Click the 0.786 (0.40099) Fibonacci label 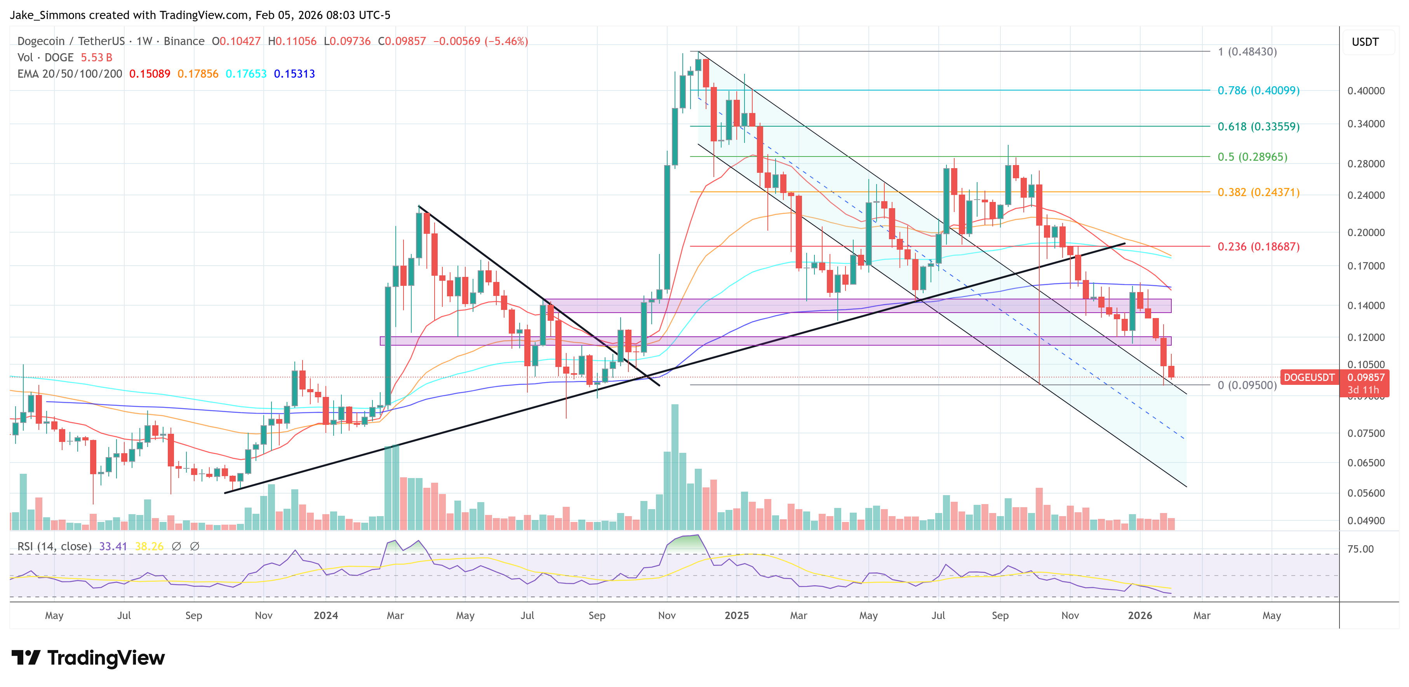tap(1258, 90)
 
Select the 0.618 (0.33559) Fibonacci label tap(1258, 126)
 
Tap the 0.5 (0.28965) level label tap(1252, 157)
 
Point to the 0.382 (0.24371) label tap(1258, 192)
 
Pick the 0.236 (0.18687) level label tap(1258, 246)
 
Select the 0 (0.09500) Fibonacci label tap(1247, 385)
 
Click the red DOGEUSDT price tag tap(1309, 377)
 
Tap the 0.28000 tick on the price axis tap(1366, 163)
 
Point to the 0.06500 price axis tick tap(1366, 463)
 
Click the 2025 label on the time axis tap(736, 615)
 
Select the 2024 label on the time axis tap(325, 615)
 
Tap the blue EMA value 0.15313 tap(294, 74)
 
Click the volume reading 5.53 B tap(96, 57)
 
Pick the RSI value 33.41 tap(113, 546)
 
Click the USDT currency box tap(1365, 42)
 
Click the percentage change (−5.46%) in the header tap(506, 41)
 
